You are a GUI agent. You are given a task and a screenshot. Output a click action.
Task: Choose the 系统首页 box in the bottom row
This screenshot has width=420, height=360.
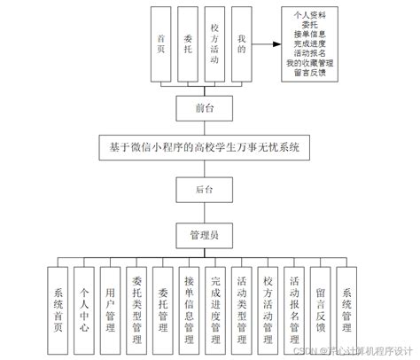pyautogui.click(x=58, y=307)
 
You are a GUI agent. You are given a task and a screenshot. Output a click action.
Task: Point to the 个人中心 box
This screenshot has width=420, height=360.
pyautogui.click(x=84, y=307)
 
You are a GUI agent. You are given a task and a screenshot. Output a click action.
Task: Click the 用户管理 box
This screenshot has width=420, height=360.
pyautogui.click(x=110, y=307)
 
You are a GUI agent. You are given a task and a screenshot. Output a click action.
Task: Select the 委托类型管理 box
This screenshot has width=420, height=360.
pyautogui.click(x=136, y=307)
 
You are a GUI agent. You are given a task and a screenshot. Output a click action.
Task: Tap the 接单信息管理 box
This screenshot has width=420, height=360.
pyautogui.click(x=189, y=307)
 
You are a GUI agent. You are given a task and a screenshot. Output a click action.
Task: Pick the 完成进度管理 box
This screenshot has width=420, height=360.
pyautogui.click(x=214, y=307)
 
